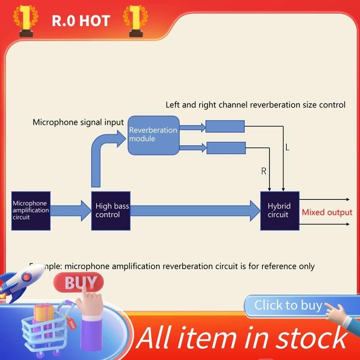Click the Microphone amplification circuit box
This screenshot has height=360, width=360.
click(x=30, y=211)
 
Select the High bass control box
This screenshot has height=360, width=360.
click(x=111, y=211)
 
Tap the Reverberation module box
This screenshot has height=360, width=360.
click(x=153, y=135)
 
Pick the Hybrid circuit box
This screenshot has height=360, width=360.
click(x=280, y=211)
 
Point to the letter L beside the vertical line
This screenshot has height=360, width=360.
click(x=288, y=148)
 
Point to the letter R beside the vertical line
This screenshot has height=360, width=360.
click(x=264, y=171)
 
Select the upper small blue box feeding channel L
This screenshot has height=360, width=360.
click(x=225, y=126)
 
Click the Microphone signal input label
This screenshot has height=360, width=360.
click(x=78, y=122)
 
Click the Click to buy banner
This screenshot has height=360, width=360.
click(x=288, y=306)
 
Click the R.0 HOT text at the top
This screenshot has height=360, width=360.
click(x=81, y=21)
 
